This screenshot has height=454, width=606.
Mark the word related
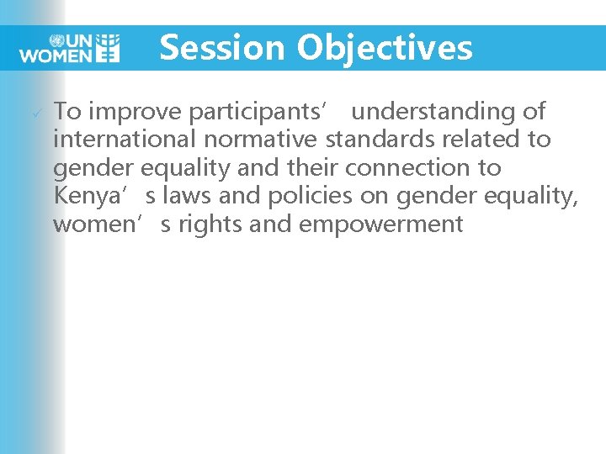coord(481,140)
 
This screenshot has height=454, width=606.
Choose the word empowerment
coord(380,224)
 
